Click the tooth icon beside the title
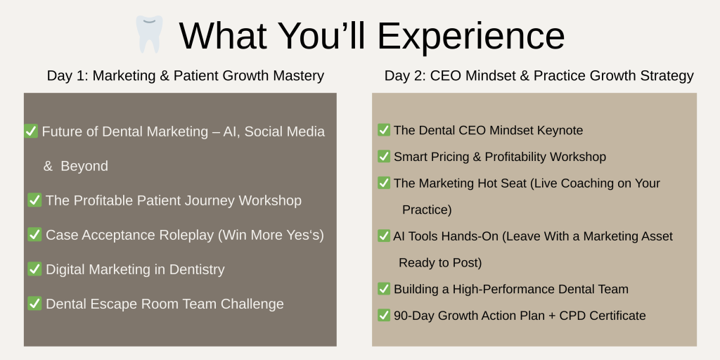pyautogui.click(x=149, y=34)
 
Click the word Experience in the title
pyautogui.click(x=471, y=36)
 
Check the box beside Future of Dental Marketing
pyautogui.click(x=31, y=131)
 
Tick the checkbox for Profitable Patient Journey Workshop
pyautogui.click(x=34, y=200)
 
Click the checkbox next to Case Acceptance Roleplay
pyautogui.click(x=34, y=234)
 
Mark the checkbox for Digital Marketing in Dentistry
pyautogui.click(x=34, y=269)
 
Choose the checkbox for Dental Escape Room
pyautogui.click(x=34, y=303)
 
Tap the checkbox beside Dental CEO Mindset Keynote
pyautogui.click(x=384, y=130)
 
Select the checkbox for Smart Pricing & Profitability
pyautogui.click(x=384, y=157)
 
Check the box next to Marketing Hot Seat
pyautogui.click(x=384, y=183)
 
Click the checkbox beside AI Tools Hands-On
pyautogui.click(x=384, y=236)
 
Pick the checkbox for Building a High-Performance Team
pyautogui.click(x=384, y=289)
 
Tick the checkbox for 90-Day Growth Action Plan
pyautogui.click(x=384, y=316)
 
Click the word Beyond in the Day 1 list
pyautogui.click(x=84, y=166)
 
